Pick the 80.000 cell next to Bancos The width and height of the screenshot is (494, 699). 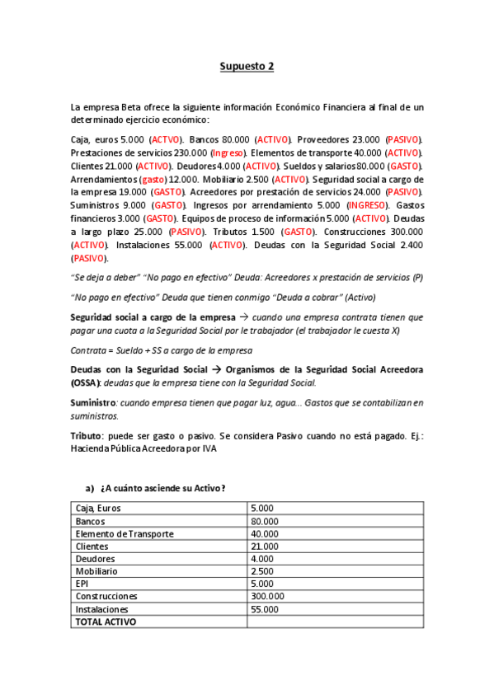(265, 521)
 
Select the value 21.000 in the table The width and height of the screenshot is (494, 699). (265, 546)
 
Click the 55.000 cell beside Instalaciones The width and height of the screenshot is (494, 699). (265, 608)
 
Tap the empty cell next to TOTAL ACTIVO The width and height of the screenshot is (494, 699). (334, 622)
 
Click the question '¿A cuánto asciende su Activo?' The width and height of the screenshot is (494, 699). (162, 489)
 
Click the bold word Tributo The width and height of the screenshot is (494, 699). (87, 434)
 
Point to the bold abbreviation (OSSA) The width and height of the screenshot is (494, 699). (86, 383)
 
